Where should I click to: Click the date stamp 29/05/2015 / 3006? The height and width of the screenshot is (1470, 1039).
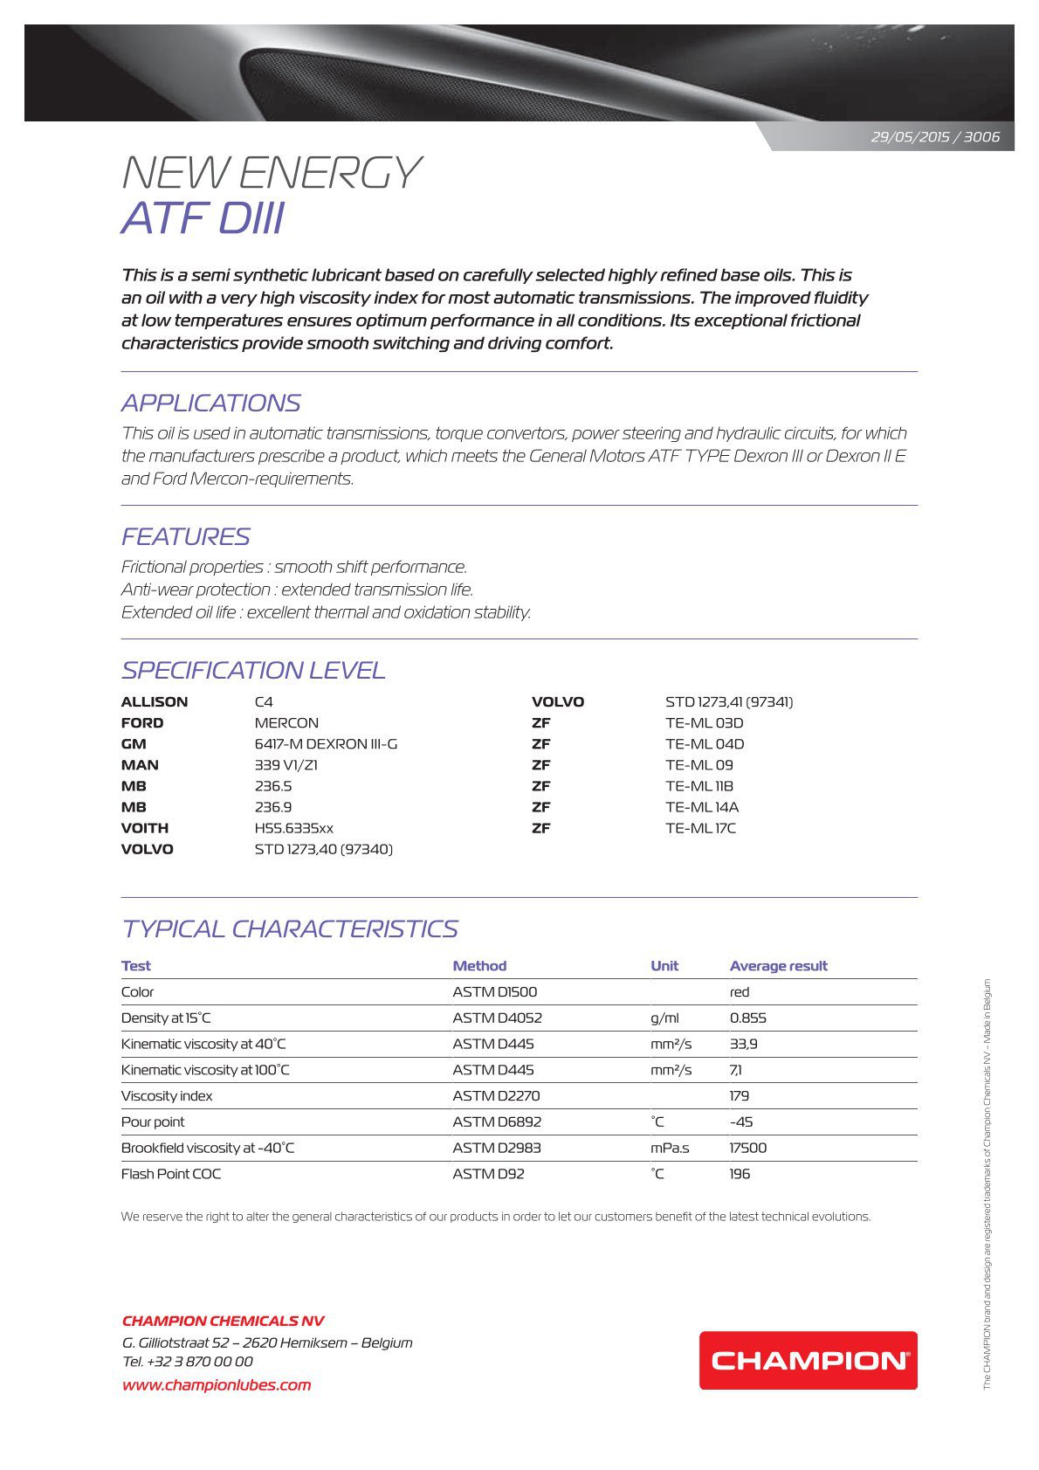935,137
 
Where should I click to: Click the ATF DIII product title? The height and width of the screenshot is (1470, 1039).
203,218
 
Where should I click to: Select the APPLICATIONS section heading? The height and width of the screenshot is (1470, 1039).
210,403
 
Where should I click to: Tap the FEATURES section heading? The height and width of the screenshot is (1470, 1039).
185,536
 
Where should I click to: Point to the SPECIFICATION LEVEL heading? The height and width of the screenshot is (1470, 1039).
253,670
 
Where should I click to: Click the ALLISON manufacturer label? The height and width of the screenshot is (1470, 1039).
155,702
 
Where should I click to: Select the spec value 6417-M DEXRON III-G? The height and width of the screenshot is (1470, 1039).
326,744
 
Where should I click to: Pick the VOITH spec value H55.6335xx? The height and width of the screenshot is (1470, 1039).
293,828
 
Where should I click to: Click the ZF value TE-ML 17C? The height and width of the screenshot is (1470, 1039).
700,828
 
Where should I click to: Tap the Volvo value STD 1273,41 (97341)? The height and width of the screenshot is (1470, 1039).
729,702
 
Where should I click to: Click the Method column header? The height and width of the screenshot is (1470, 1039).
479,966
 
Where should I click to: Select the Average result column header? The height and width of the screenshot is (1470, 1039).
778,966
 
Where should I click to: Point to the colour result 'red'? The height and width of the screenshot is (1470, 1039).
740,992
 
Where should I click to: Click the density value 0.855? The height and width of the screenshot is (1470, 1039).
748,1018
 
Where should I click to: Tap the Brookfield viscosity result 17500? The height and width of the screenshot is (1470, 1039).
748,1148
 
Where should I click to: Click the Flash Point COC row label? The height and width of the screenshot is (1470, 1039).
171,1174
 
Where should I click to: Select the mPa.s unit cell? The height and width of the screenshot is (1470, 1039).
670,1148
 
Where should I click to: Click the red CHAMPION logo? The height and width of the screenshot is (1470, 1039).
808,1360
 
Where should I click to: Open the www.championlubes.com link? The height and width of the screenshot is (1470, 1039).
217,1384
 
